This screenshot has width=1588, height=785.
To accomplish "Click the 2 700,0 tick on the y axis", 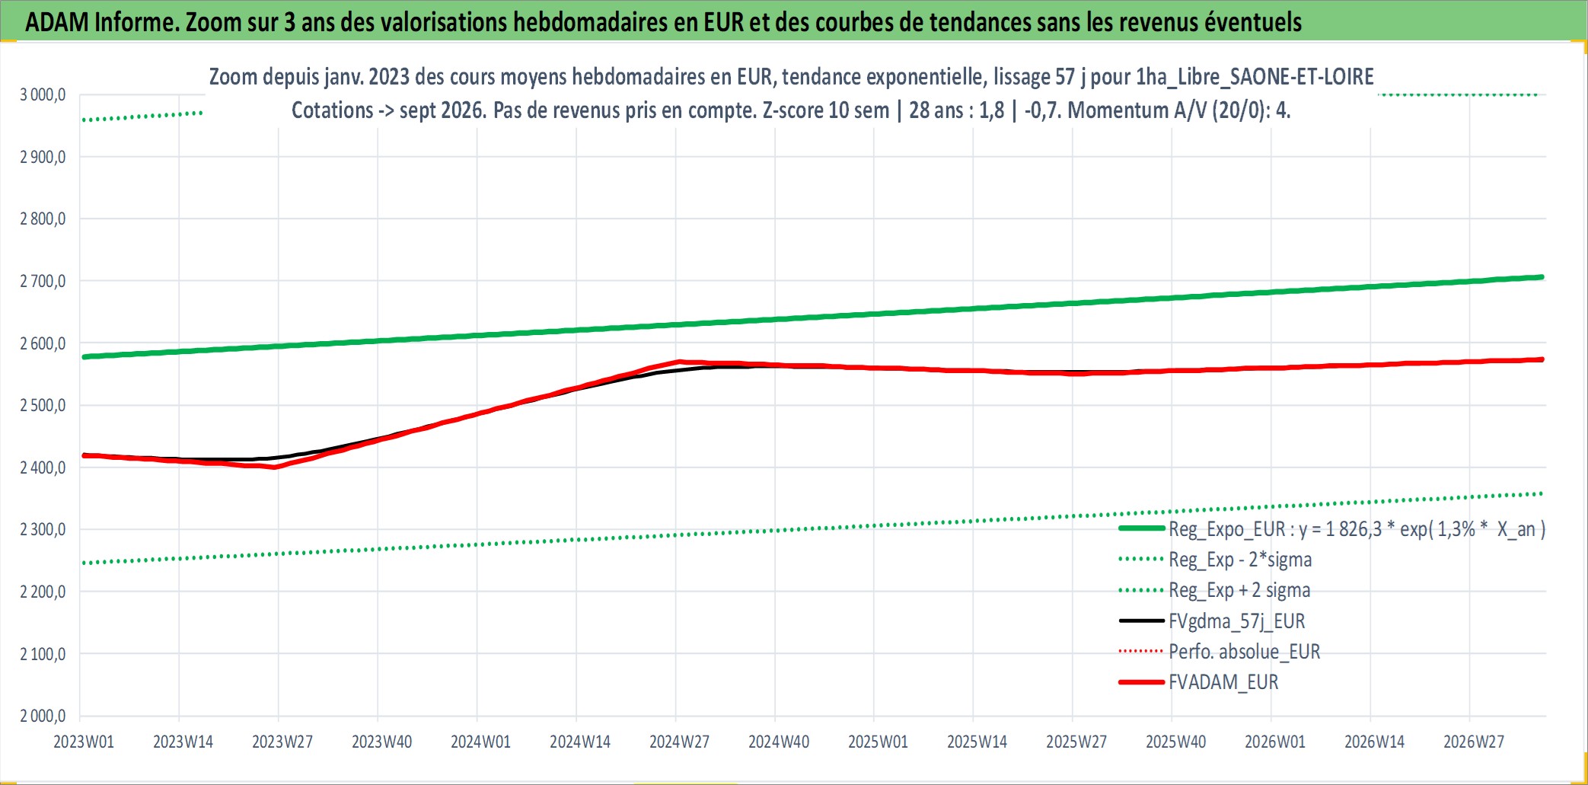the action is tap(43, 281).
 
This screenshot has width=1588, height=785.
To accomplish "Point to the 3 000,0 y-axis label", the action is tap(43, 94).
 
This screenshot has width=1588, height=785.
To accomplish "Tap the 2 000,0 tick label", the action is tap(43, 716).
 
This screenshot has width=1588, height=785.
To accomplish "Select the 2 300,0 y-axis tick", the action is tap(43, 529).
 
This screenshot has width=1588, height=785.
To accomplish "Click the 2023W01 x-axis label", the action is tap(84, 742).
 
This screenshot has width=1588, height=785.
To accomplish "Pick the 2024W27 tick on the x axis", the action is tap(679, 742).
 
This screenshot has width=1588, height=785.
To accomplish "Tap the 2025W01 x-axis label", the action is tap(878, 742).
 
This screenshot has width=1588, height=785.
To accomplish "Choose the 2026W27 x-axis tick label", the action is tap(1474, 742).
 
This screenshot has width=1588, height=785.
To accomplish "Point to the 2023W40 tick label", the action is tap(381, 742).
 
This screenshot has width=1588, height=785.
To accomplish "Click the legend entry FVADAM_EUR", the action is tap(1223, 682).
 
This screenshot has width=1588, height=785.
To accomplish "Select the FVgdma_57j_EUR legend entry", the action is tap(1237, 621).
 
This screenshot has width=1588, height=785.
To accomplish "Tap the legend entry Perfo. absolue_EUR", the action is tap(1245, 652).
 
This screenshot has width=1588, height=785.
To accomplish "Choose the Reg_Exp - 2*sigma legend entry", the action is tap(1240, 560).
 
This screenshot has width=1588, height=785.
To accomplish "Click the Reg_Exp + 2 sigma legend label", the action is tap(1239, 590).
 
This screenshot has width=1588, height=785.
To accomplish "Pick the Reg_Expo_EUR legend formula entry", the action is tap(1357, 529).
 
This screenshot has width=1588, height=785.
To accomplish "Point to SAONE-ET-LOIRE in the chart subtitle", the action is tap(1302, 77).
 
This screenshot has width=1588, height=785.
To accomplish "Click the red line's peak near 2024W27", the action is tap(679, 362).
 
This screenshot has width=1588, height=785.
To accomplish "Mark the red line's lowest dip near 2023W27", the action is tap(276, 467).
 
